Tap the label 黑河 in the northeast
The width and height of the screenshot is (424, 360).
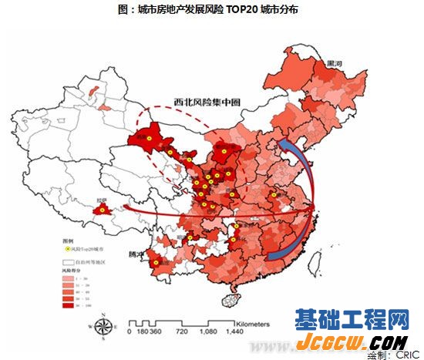335,62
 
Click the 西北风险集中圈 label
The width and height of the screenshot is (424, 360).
202,101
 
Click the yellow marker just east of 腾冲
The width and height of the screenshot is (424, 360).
156,262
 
